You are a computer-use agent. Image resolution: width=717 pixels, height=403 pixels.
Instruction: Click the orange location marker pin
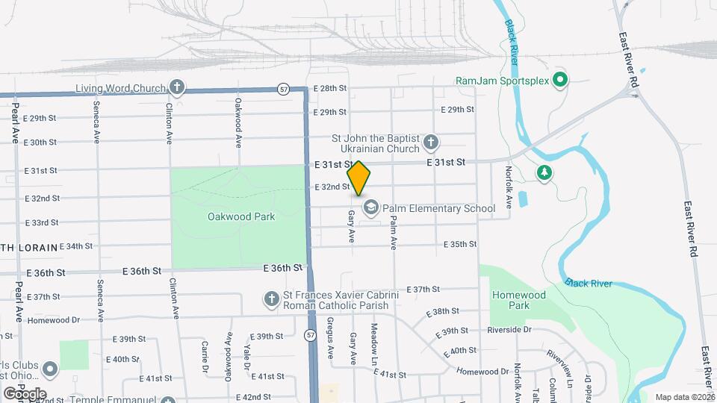pos(359,178)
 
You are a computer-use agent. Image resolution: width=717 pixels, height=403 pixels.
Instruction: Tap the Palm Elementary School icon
pos(371,207)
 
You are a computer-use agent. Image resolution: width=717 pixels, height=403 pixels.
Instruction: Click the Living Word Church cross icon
pos(176,88)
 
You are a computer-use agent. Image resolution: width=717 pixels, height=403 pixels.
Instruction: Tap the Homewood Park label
pos(521,300)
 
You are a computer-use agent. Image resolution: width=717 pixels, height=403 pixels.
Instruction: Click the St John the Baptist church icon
pos(430,142)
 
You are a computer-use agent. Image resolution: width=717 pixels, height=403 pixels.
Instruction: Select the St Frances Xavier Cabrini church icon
pos(272,299)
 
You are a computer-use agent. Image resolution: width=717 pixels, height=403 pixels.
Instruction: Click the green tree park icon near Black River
pos(545,172)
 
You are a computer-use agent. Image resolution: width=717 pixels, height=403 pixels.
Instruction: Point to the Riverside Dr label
pos(508,329)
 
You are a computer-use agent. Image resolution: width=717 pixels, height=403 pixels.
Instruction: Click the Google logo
pos(25,393)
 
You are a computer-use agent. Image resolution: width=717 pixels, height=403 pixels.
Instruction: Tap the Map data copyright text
pos(684,397)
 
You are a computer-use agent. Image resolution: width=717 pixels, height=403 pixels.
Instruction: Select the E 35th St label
pos(460,244)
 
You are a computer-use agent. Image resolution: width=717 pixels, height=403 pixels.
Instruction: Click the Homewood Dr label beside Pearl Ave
pos(53,320)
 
